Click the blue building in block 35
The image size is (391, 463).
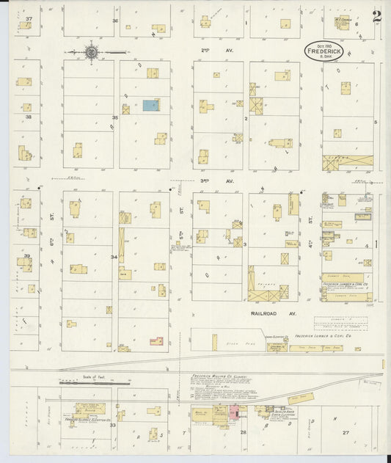150,106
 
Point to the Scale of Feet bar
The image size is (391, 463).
94,382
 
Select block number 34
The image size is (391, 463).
114,257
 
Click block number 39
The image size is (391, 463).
27,256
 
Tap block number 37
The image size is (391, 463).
29,18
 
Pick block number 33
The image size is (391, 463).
113,425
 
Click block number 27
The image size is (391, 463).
345,433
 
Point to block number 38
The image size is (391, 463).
27,117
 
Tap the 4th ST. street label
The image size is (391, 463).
311,218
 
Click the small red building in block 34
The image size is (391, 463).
156,340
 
